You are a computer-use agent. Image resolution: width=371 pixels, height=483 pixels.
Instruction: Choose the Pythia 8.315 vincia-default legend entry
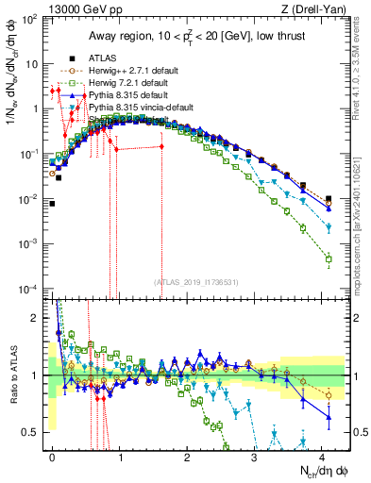click(140, 108)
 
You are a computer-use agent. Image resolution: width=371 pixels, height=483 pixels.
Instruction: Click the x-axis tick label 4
click(322, 456)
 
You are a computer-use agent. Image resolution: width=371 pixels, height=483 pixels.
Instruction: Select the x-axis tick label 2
click(187, 456)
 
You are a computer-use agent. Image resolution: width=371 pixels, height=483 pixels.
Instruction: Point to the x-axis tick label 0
click(52, 456)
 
